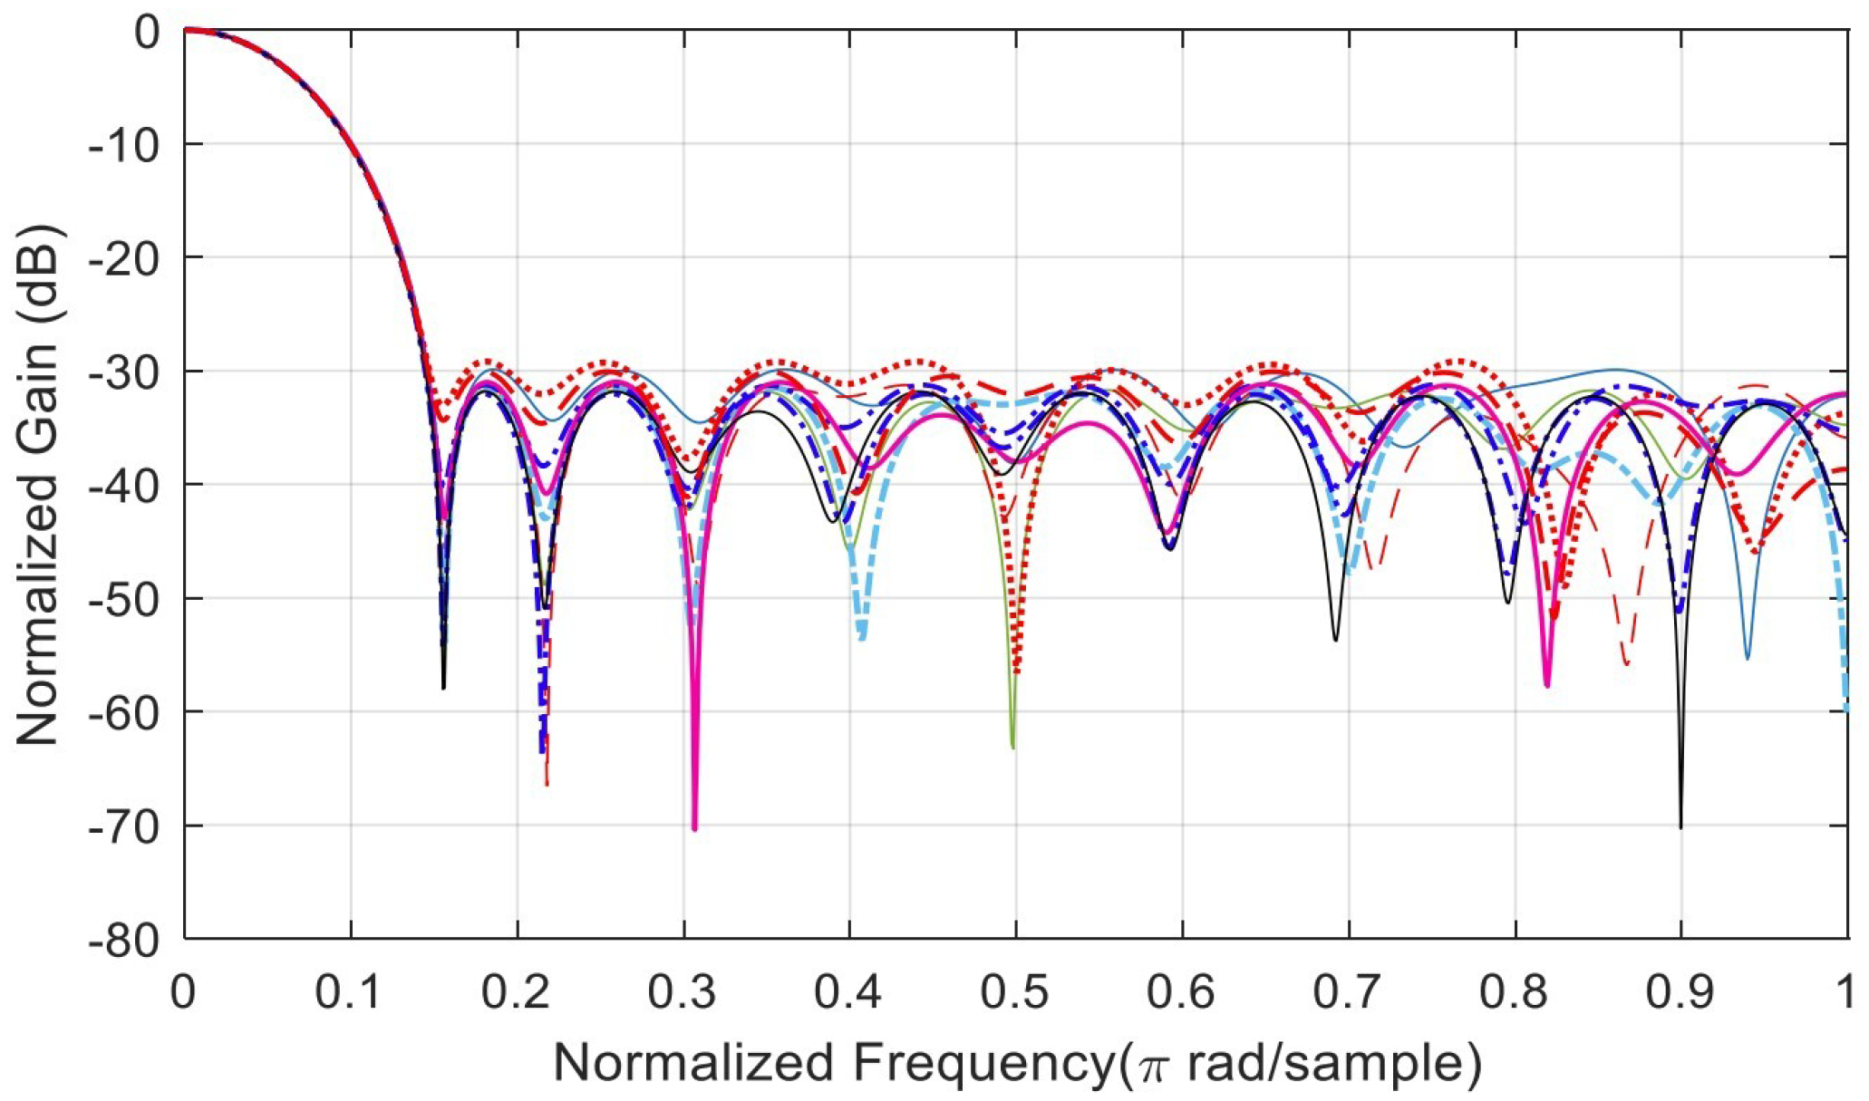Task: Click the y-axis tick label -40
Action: (123, 485)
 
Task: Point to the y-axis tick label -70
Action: (123, 826)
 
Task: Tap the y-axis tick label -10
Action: (123, 144)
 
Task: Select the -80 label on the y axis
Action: (123, 940)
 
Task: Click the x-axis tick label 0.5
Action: (1015, 992)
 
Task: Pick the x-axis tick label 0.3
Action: (683, 992)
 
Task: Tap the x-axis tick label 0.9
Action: (1680, 992)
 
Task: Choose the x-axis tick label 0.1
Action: (350, 992)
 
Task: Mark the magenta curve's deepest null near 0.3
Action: (694, 827)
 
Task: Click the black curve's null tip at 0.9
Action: (1680, 826)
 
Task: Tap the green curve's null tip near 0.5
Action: (1012, 747)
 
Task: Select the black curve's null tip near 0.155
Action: (443, 688)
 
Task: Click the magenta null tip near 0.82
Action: (1547, 685)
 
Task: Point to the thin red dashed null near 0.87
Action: (1627, 664)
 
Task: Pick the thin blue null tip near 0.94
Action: (1748, 657)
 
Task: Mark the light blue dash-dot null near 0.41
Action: (862, 640)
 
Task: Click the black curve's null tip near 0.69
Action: (1335, 640)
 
